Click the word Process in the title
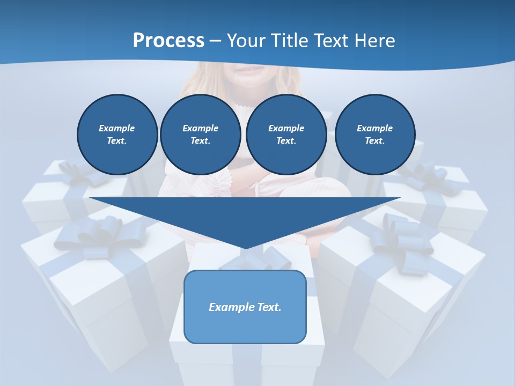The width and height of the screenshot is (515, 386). pyautogui.click(x=168, y=41)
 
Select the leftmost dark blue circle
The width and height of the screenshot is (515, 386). pyautogui.click(x=117, y=134)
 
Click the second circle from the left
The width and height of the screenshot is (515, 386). pyautogui.click(x=200, y=134)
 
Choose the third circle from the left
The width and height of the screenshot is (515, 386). pyautogui.click(x=286, y=134)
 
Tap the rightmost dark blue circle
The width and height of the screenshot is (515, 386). pyautogui.click(x=374, y=134)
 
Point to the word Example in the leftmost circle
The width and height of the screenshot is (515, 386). pyautogui.click(x=116, y=128)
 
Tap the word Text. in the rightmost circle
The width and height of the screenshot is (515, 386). pyautogui.click(x=374, y=140)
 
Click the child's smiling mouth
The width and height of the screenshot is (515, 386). pyautogui.click(x=252, y=70)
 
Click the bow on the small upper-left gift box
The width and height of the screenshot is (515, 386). pyautogui.click(x=80, y=172)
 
